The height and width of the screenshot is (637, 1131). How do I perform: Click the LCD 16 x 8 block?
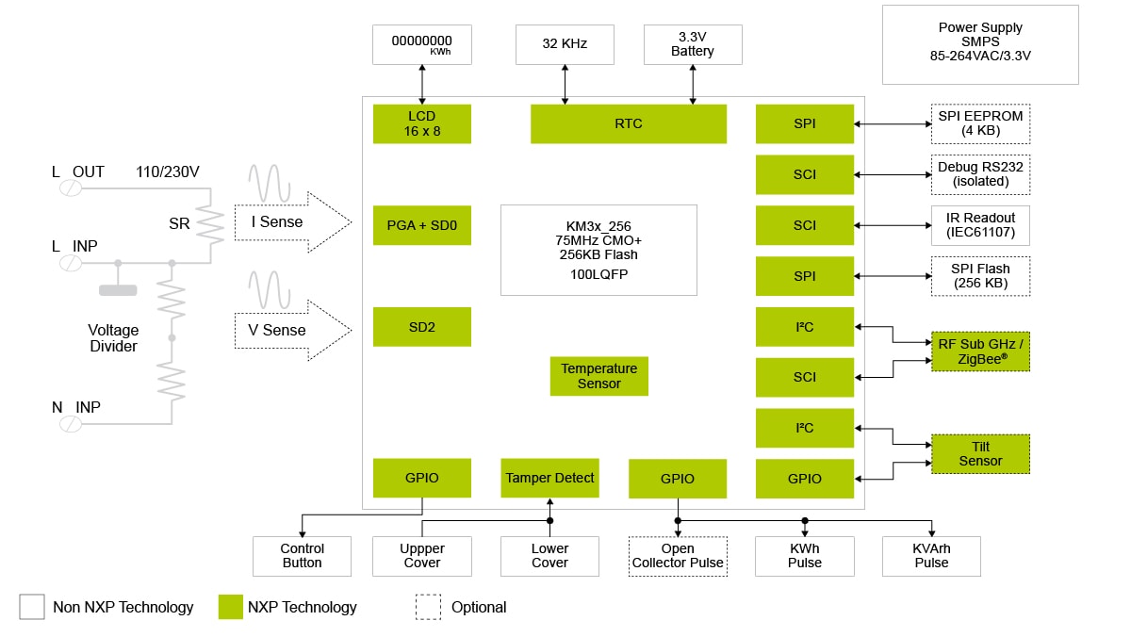[x=421, y=123]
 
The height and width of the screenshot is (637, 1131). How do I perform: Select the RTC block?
[x=628, y=123]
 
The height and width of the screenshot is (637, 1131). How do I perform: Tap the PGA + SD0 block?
[x=421, y=225]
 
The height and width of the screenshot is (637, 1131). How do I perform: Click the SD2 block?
[x=421, y=326]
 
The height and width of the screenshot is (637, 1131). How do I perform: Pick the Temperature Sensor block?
[x=598, y=376]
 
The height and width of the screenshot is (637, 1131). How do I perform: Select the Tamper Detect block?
[x=549, y=478]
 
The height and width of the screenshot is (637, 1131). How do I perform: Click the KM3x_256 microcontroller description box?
[x=598, y=250]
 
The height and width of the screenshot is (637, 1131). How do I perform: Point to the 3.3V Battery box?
[x=693, y=44]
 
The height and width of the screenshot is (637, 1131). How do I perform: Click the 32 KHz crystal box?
[x=565, y=44]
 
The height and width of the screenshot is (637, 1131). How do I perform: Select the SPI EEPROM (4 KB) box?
[x=980, y=123]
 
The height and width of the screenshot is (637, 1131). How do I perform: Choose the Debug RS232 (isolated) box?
[x=980, y=174]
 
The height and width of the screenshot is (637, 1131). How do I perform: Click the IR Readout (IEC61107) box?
[x=980, y=225]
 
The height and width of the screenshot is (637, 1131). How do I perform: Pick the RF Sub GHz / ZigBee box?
[x=980, y=351]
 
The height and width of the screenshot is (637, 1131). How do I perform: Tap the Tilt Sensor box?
[x=980, y=453]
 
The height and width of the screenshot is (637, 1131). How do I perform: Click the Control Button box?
[x=302, y=556]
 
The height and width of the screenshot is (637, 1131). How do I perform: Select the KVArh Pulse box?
[x=931, y=556]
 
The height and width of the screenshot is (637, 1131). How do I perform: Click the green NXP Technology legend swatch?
[x=230, y=607]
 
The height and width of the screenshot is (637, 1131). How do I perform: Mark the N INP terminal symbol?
[x=71, y=424]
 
